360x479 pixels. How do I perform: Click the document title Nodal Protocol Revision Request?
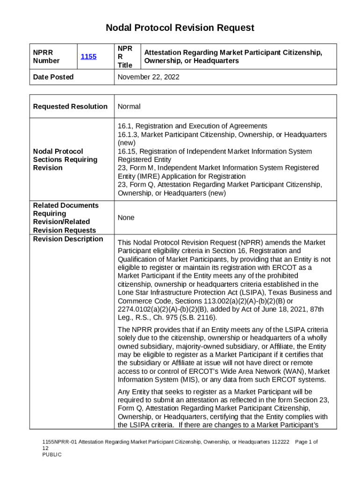(180, 28)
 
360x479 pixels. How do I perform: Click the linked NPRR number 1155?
(88, 57)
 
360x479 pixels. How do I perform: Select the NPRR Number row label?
(46, 57)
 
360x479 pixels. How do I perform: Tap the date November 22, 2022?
(148, 77)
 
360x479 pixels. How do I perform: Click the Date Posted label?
(53, 77)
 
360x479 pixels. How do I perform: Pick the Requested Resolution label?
(70, 107)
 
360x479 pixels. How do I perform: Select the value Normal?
(129, 107)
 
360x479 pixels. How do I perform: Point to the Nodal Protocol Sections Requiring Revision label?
(65, 160)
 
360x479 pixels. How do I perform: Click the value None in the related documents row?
(126, 218)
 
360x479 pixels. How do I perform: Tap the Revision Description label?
(68, 239)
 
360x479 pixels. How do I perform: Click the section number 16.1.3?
(128, 135)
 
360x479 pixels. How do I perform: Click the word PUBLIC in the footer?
(52, 455)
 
